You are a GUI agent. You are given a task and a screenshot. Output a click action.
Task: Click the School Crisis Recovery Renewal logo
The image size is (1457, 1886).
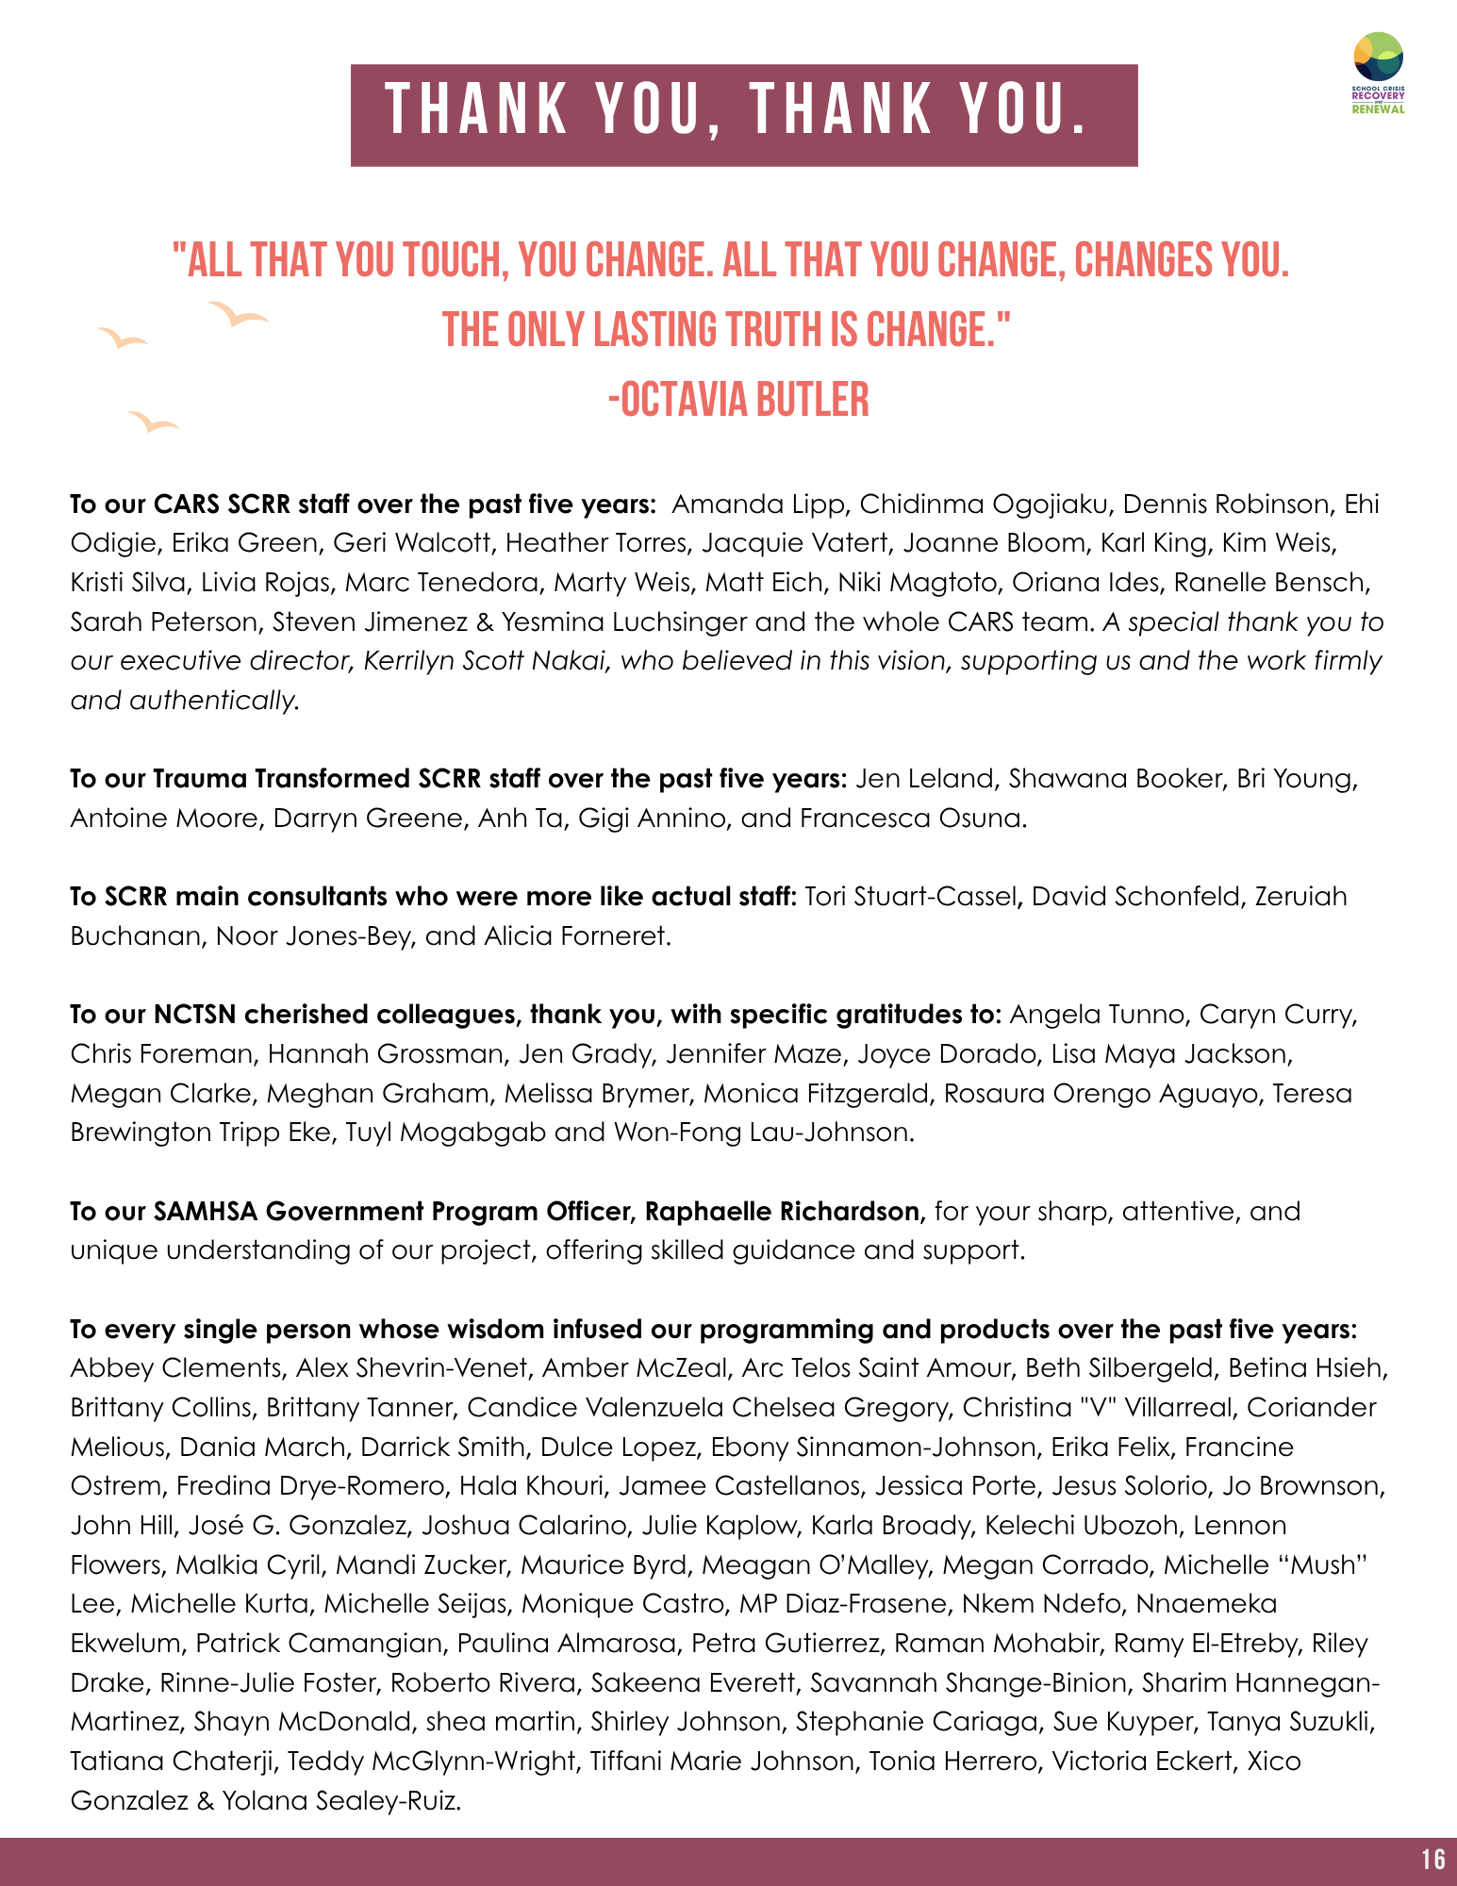coord(1378,72)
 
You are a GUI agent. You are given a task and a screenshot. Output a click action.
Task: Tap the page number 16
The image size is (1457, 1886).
coord(1432,1859)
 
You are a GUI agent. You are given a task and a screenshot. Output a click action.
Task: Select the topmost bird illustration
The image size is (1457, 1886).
coord(238,314)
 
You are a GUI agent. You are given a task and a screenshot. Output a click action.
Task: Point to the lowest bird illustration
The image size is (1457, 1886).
coord(152,422)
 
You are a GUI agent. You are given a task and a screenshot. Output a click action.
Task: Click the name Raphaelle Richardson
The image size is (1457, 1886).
coord(782,1211)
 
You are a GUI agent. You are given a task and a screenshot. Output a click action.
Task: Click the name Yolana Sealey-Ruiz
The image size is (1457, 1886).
coord(340,1800)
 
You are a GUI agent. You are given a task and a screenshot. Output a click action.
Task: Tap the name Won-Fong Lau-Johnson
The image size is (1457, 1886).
coord(762,1132)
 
